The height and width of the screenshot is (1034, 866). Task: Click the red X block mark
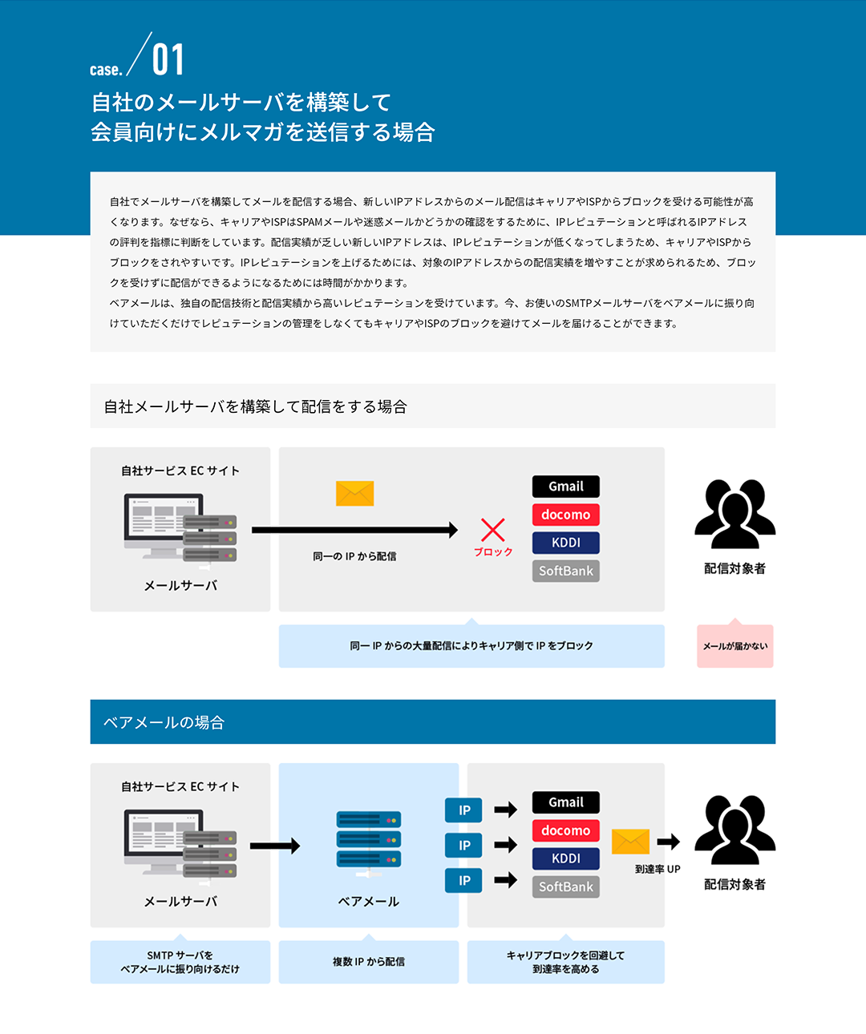[493, 530]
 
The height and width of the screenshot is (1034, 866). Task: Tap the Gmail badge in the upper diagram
[566, 487]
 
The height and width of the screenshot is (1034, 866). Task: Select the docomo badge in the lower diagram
[566, 830]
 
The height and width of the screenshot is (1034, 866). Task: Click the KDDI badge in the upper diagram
[566, 543]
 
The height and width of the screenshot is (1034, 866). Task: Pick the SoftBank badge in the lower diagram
[566, 887]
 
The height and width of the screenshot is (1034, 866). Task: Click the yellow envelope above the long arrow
[354, 493]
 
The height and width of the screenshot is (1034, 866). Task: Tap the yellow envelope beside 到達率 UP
[630, 842]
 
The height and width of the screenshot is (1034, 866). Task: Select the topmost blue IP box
[463, 810]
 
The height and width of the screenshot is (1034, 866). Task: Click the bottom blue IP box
[463, 880]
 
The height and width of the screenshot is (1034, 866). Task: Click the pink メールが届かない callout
[734, 645]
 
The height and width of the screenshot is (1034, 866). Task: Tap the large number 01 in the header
[168, 60]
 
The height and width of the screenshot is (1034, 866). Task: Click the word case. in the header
[106, 70]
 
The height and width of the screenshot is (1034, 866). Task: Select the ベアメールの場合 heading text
[164, 722]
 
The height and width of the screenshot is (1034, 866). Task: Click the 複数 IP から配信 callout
[369, 961]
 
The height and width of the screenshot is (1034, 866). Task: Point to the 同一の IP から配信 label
[354, 556]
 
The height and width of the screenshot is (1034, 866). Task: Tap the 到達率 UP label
[658, 869]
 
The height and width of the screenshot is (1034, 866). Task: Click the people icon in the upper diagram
[734, 514]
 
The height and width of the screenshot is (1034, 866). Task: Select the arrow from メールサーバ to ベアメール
[275, 846]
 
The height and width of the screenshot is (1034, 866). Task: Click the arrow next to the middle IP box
[506, 845]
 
